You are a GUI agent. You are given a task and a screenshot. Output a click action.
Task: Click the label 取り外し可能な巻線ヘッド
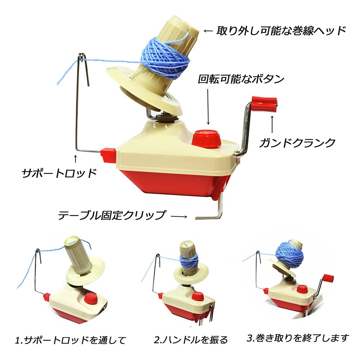point(281,31)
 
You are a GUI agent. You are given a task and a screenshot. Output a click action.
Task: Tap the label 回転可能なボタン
point(242,79)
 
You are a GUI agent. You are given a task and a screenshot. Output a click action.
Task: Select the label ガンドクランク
point(297,143)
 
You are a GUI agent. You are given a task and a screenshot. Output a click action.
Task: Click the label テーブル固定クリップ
point(112,216)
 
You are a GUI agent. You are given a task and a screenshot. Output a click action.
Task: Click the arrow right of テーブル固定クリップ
point(179,216)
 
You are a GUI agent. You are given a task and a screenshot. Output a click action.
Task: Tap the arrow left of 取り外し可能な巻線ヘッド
point(209,31)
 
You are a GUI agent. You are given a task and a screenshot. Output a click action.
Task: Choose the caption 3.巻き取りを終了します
point(298,338)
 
